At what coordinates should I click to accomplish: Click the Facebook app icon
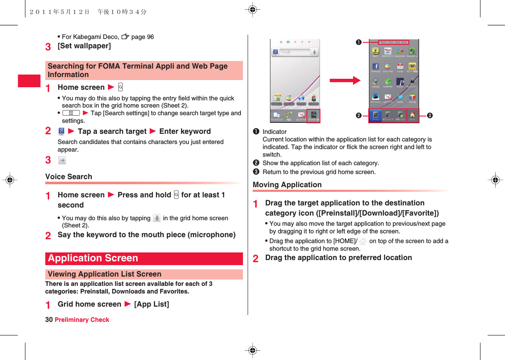tap(375, 66)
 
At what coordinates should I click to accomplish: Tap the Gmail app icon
tap(400, 66)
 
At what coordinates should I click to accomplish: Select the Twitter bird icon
tap(400, 97)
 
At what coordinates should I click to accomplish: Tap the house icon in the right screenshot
tap(412, 115)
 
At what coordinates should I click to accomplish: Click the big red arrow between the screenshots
tap(345, 80)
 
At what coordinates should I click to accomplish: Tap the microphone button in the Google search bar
tap(315, 52)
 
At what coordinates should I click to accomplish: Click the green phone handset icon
tap(289, 114)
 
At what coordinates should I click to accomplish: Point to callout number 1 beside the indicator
tap(359, 42)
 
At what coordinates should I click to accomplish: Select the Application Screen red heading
tap(93, 258)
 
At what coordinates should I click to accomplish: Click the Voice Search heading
tap(69, 177)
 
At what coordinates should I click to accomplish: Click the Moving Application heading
tap(287, 185)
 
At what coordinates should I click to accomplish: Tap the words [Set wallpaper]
tap(84, 46)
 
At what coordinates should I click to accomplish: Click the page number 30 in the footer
tap(49, 320)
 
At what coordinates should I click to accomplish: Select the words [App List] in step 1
tap(152, 304)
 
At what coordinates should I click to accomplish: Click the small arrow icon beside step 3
tap(62, 160)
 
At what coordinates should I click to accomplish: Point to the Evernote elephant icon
tap(412, 51)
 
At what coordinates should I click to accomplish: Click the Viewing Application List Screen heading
tap(105, 274)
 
